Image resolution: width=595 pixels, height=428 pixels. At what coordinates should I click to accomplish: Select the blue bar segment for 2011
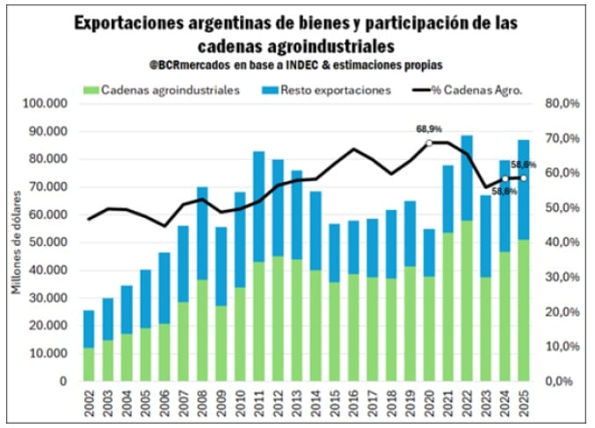259,207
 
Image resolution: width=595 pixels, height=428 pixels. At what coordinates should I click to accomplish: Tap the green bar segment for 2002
89,365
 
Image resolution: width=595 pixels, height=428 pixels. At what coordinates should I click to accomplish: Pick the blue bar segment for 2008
202,233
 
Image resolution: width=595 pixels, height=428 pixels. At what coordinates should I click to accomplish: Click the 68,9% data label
429,128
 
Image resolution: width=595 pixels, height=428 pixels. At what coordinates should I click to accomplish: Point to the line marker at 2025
525,178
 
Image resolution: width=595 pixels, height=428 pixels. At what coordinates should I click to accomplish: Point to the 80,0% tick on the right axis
562,104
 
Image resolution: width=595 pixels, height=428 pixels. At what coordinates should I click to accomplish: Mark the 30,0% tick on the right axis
562,278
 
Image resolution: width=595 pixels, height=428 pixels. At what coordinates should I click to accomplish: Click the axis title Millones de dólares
16,243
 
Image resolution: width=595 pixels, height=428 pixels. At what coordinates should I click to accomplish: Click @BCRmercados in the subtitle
192,64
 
